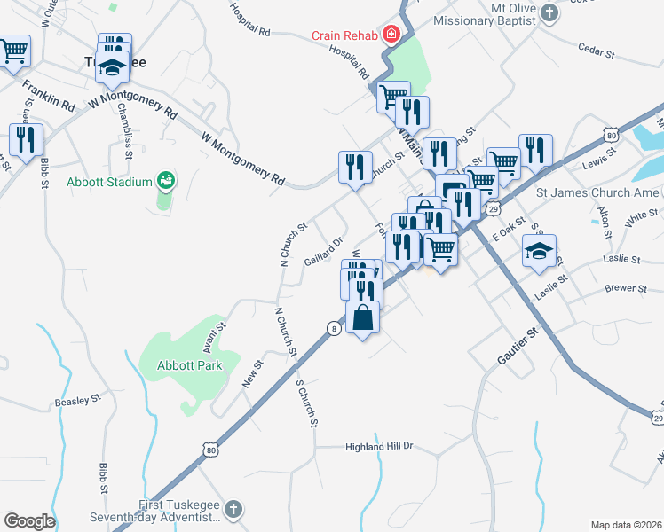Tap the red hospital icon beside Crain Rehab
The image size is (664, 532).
tap(389, 35)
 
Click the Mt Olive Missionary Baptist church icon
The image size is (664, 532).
tap(549, 12)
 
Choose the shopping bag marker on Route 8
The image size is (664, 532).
tap(362, 317)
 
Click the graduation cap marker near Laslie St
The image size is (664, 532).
tap(540, 252)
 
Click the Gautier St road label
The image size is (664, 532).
tap(518, 347)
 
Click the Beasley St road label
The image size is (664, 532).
tap(78, 401)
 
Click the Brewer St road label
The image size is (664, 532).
tap(627, 288)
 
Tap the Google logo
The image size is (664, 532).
tap(29, 521)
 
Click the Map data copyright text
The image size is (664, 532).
tap(626, 525)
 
